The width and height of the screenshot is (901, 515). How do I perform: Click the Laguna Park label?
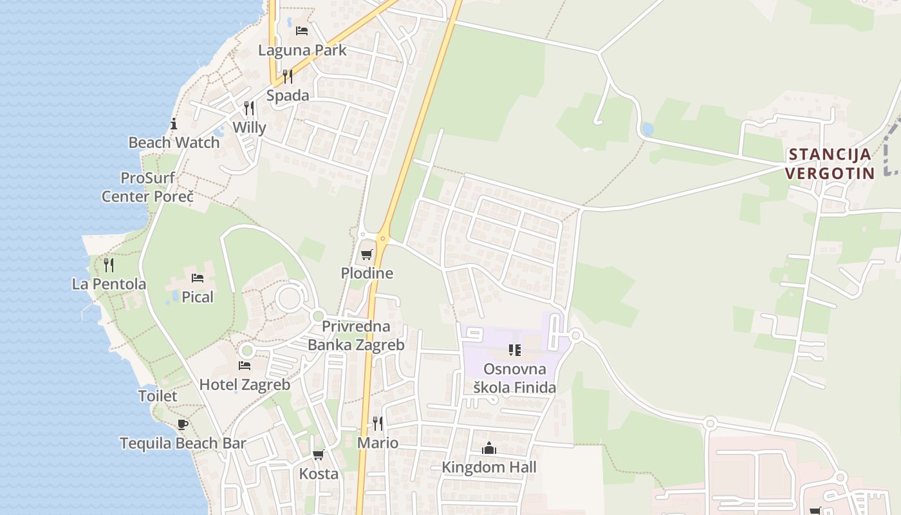click(x=302, y=50)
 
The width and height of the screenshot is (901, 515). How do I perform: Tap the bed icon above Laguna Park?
click(x=301, y=30)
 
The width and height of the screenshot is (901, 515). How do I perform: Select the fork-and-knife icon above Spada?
click(x=288, y=77)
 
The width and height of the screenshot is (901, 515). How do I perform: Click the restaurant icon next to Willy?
click(x=249, y=108)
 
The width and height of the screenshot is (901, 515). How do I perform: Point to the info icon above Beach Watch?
click(x=174, y=124)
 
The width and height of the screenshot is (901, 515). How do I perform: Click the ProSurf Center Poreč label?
click(x=147, y=187)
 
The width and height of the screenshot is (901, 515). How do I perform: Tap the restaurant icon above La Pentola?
click(x=109, y=265)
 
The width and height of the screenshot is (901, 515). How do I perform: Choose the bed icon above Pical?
click(x=198, y=278)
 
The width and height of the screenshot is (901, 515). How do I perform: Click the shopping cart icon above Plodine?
click(x=367, y=254)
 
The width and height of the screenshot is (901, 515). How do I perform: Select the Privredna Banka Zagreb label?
click(x=356, y=335)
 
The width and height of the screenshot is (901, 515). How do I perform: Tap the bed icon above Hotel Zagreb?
click(x=245, y=366)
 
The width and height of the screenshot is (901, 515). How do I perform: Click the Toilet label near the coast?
click(x=158, y=396)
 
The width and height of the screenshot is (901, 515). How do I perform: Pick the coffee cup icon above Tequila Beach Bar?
click(x=183, y=424)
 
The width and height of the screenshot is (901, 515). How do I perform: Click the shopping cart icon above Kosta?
click(x=318, y=455)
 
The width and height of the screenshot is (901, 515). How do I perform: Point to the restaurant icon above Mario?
click(x=378, y=424)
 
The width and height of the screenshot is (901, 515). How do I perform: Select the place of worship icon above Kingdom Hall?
click(x=489, y=448)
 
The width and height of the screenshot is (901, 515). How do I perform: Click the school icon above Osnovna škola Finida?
click(x=515, y=350)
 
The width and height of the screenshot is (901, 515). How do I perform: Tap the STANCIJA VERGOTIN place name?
click(x=830, y=164)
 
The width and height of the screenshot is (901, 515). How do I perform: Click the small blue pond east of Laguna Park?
click(x=647, y=129)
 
